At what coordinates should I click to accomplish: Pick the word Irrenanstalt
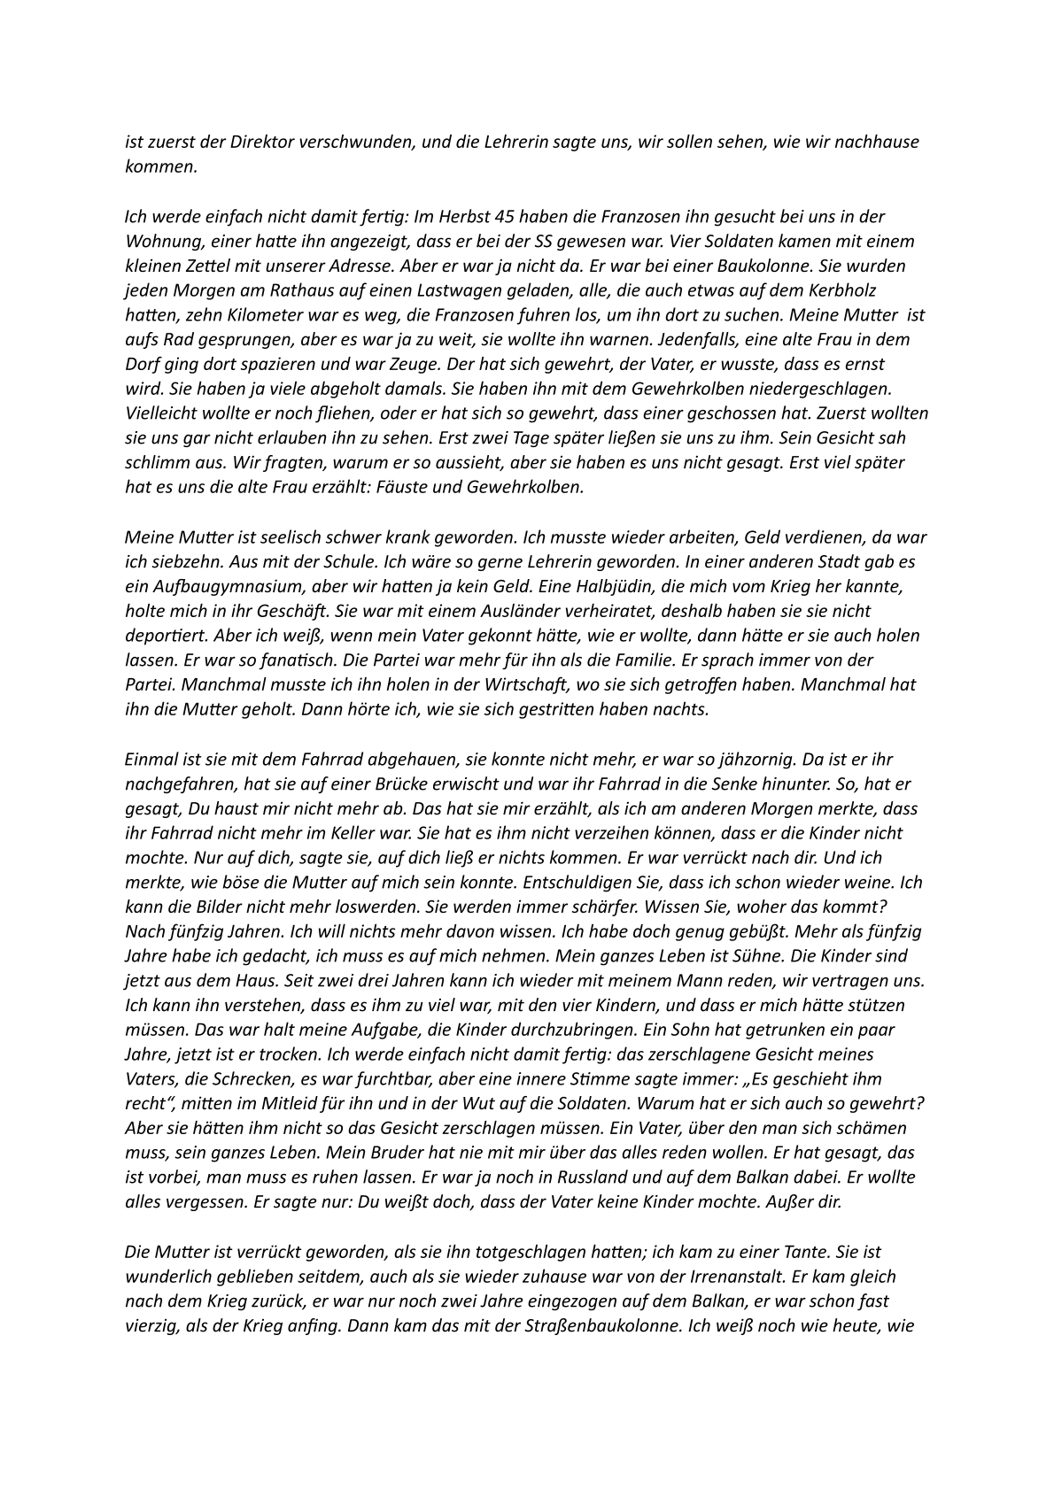[752, 1277]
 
